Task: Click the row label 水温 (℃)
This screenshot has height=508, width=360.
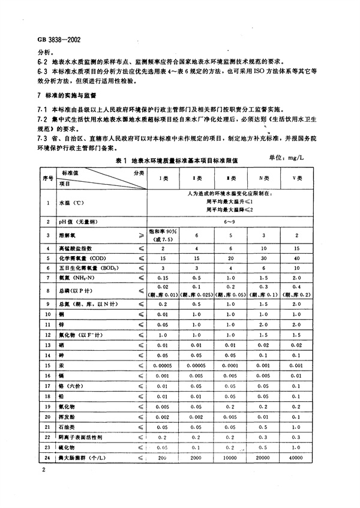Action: click(x=75, y=203)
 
